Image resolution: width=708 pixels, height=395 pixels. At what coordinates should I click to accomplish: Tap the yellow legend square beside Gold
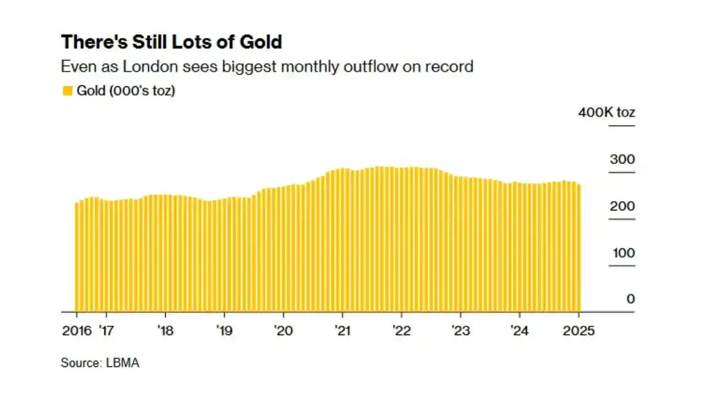coord(67,91)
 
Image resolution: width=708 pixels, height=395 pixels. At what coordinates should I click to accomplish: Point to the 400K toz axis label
coord(606,113)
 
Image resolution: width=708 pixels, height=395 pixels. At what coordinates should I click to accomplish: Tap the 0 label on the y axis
coord(630,299)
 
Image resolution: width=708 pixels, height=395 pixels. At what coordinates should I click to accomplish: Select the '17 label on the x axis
coord(106,331)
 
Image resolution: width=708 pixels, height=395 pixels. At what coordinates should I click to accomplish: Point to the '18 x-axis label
coord(165,331)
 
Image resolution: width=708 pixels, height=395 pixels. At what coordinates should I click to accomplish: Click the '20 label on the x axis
coord(283,331)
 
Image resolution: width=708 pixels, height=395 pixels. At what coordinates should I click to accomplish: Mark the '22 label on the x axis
coord(401,331)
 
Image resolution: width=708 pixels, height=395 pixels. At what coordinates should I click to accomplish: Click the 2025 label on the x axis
coord(578,331)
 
